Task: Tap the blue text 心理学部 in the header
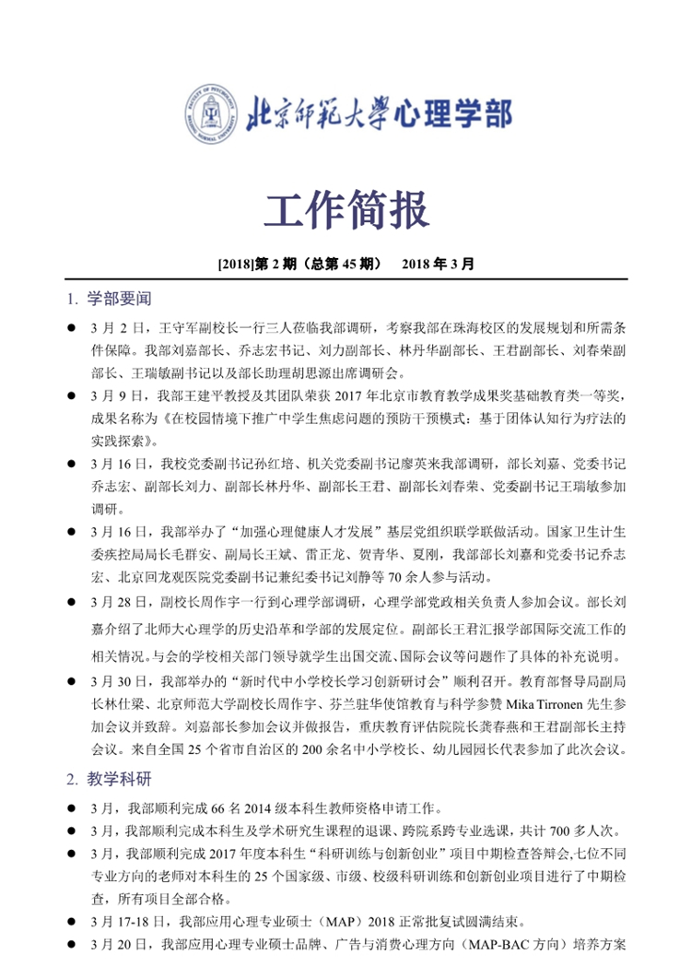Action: click(x=452, y=114)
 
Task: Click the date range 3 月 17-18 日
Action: click(x=130, y=920)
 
